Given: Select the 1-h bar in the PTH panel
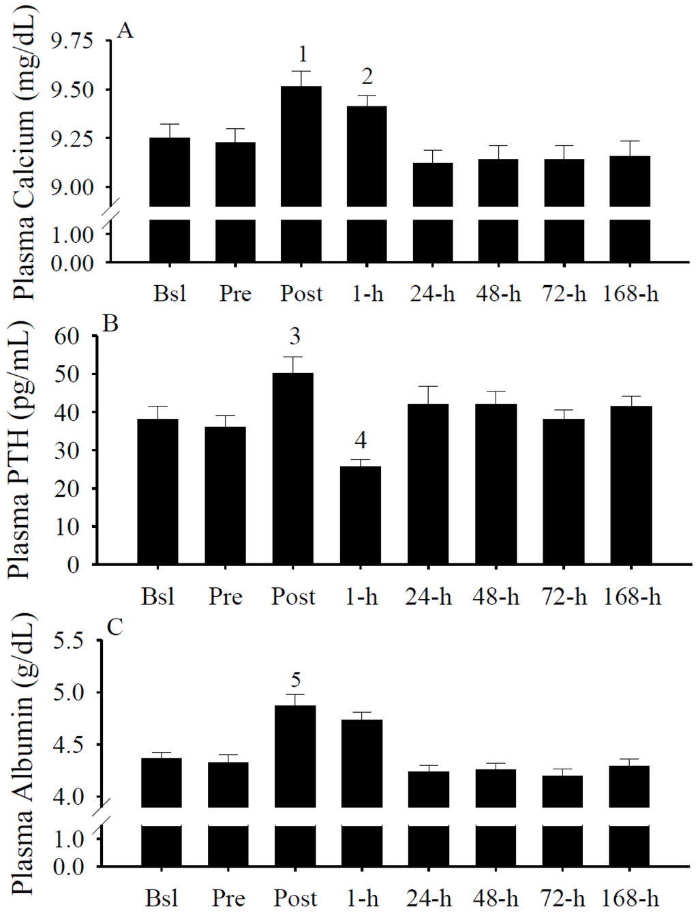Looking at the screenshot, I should point(361,515).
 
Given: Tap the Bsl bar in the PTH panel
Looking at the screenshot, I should point(157,491).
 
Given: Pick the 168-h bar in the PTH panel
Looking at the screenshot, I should point(631,485).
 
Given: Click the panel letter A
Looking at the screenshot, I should point(125,31).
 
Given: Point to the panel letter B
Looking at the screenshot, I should point(110,323).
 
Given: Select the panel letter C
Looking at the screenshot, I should point(115,626).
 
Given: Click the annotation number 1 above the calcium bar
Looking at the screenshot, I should point(303,55).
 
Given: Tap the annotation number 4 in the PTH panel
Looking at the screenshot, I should point(361,441).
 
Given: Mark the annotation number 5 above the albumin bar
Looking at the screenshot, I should point(296,679).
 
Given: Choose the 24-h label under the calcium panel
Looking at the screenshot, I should point(433,294).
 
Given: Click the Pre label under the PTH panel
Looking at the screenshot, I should point(226,597).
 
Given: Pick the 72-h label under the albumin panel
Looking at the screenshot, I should point(564,898).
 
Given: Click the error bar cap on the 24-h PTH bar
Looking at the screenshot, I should point(428,387).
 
